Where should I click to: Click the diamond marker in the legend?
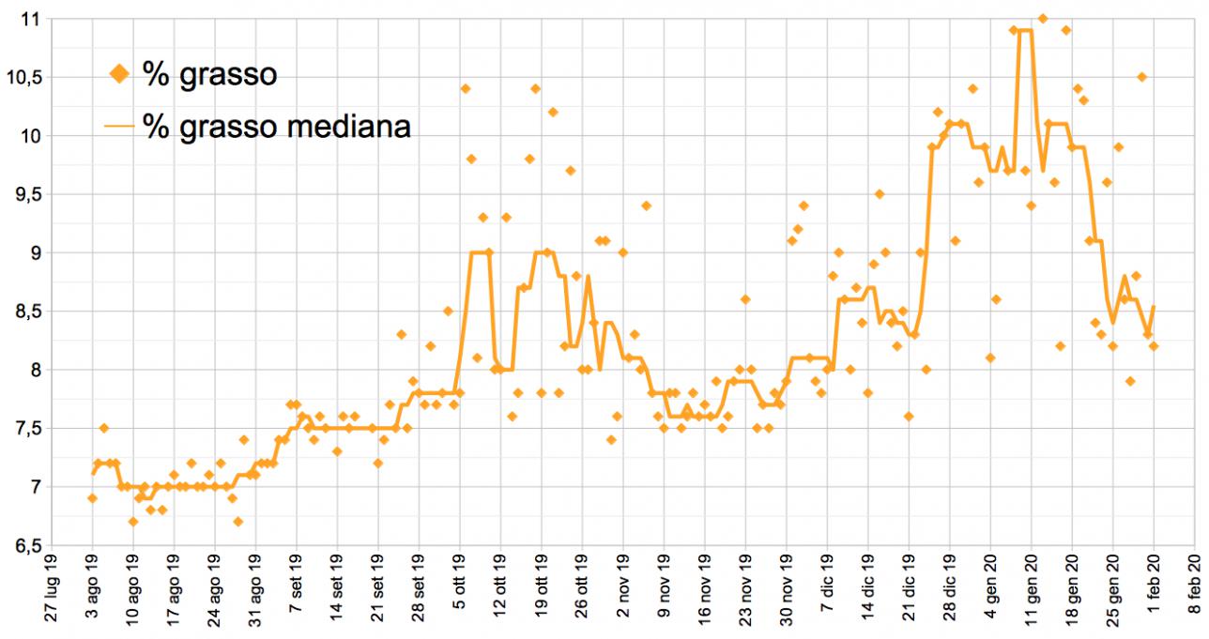click(119, 72)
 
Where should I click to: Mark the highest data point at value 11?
click(1043, 19)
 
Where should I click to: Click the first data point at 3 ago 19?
click(92, 497)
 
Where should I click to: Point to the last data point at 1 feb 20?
click(1154, 346)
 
